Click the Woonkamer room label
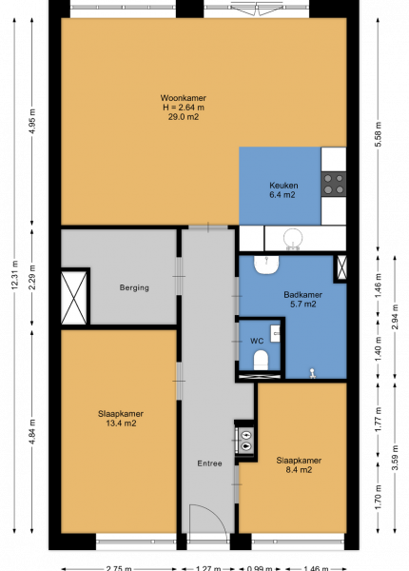pos(183,98)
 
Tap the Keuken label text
pos(283,186)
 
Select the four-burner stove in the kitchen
pos(333,184)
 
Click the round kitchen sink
pos(293,238)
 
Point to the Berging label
pos(134,287)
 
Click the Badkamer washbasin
pos(266,265)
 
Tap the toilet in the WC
pos(261,360)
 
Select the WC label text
pos(257,341)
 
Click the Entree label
pos(209,463)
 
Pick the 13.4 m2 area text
pos(121,423)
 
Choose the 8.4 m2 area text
pos(299,470)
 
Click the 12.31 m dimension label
pos(14,275)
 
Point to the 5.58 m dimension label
pos(378,134)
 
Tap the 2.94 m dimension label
pos(395,317)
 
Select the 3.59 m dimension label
pos(395,458)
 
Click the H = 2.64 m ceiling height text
pos(184,108)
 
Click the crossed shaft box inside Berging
pos(74,298)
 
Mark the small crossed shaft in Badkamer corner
pos(341,267)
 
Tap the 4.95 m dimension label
pos(32,121)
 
